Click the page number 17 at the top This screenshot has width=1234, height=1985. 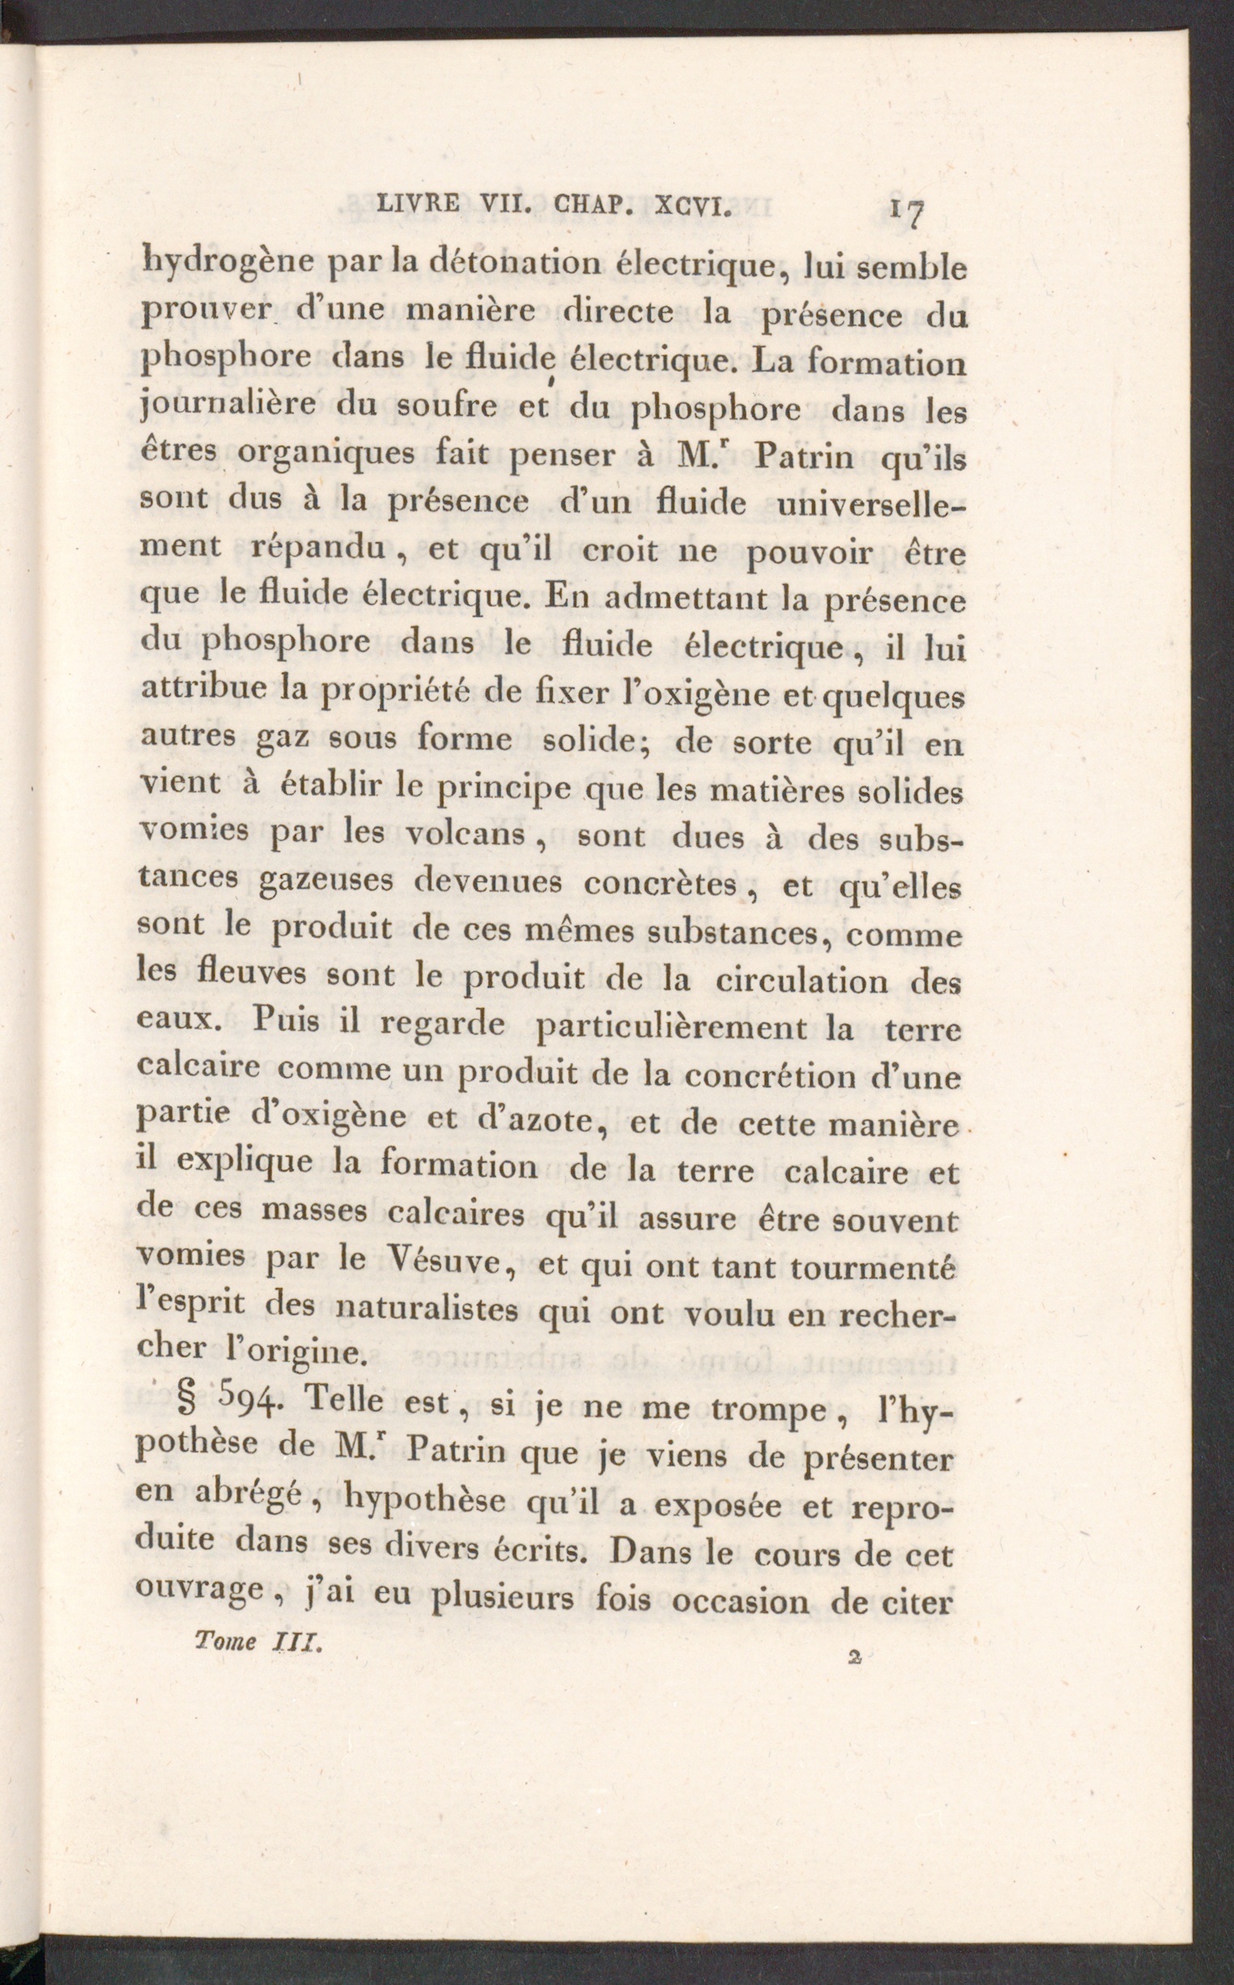(908, 213)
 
